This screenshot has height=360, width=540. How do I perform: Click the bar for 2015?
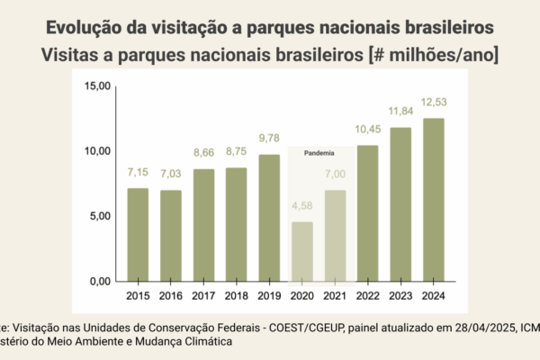(x=138, y=234)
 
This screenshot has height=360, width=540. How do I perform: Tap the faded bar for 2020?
(x=302, y=251)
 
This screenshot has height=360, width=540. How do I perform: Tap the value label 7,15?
(x=138, y=171)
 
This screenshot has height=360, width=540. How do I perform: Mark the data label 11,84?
(x=400, y=111)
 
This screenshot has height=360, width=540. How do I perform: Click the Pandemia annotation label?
(x=319, y=154)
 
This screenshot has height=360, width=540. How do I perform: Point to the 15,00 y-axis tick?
(x=96, y=86)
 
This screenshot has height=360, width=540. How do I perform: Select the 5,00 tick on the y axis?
(x=99, y=216)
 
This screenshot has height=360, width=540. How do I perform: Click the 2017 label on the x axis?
(x=203, y=295)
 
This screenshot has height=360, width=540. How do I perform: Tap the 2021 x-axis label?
(x=335, y=295)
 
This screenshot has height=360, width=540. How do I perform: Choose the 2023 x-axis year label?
(x=400, y=295)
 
